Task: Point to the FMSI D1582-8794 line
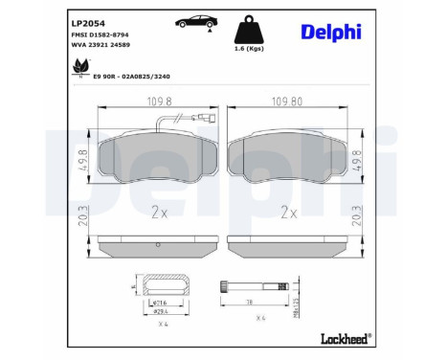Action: (101, 34)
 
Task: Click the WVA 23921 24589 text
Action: (101, 45)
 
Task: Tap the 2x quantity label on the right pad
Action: (288, 213)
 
